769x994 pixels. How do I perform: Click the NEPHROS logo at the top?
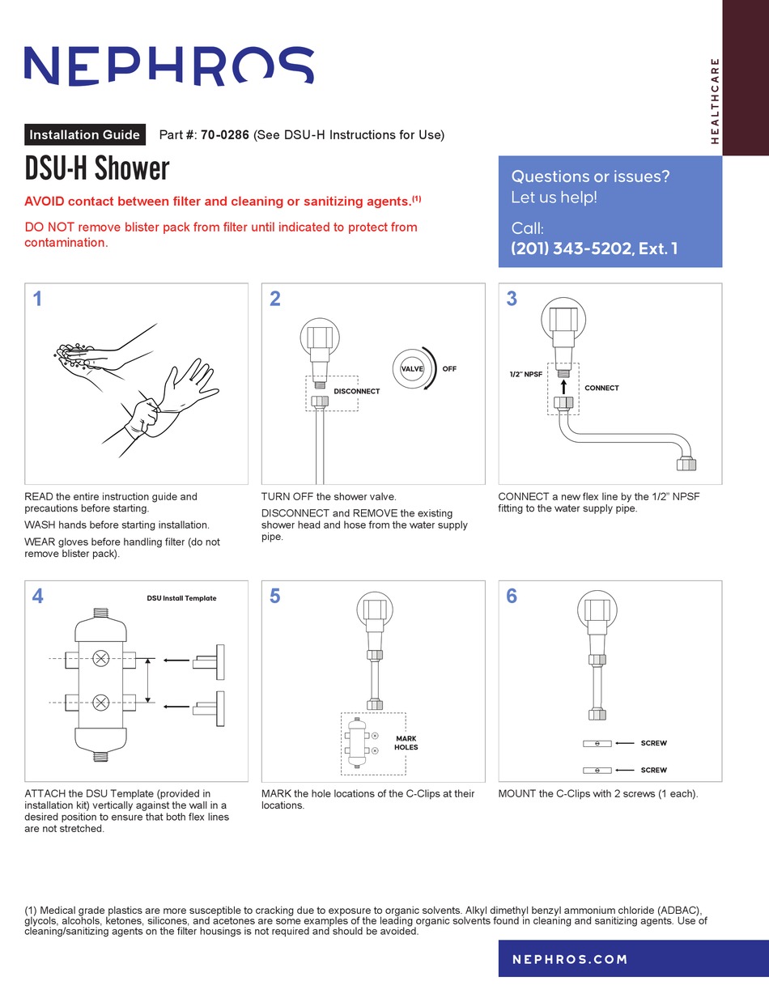coord(168,66)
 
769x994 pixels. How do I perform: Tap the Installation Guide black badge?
coord(85,135)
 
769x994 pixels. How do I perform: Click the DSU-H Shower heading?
coord(96,168)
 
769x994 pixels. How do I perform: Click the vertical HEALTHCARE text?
coord(714,101)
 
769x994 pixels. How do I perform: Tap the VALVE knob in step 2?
coord(412,369)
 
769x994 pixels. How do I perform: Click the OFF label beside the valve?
coord(449,369)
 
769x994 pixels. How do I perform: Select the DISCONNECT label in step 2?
coord(357,391)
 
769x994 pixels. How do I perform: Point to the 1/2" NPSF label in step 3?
coord(525,375)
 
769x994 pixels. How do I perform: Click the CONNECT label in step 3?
coord(601,388)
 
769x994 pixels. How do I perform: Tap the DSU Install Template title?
coord(181,598)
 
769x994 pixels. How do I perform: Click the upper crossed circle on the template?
coord(101,658)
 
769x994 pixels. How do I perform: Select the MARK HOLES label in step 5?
coord(406,743)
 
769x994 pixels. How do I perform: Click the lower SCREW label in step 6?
coord(653,770)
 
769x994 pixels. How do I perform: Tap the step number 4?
coord(37,597)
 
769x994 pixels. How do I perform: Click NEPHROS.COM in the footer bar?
coord(570,959)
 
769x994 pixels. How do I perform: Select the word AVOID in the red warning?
coord(45,202)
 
